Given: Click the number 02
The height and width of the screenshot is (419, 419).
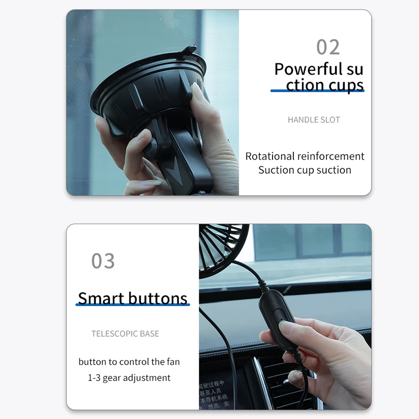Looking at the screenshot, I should tap(328, 47).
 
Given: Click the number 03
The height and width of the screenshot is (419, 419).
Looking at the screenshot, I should tap(103, 261).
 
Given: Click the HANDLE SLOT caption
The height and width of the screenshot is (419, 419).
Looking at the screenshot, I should tap(314, 120).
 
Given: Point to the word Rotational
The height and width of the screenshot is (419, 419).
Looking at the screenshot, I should tap(270, 156).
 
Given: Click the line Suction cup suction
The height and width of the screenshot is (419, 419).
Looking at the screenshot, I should tap(304, 170).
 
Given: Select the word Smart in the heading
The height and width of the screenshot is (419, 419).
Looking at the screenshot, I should tap(101, 298).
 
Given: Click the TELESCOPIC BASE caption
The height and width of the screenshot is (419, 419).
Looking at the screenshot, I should tap(125, 334).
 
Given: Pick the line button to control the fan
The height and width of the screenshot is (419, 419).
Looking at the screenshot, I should tap(129, 361).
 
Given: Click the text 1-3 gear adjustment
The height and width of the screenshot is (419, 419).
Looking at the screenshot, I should tap(129, 378).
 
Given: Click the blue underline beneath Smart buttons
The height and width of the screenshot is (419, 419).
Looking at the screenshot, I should tap(132, 305).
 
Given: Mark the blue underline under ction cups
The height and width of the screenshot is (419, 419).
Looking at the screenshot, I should tap(317, 91).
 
